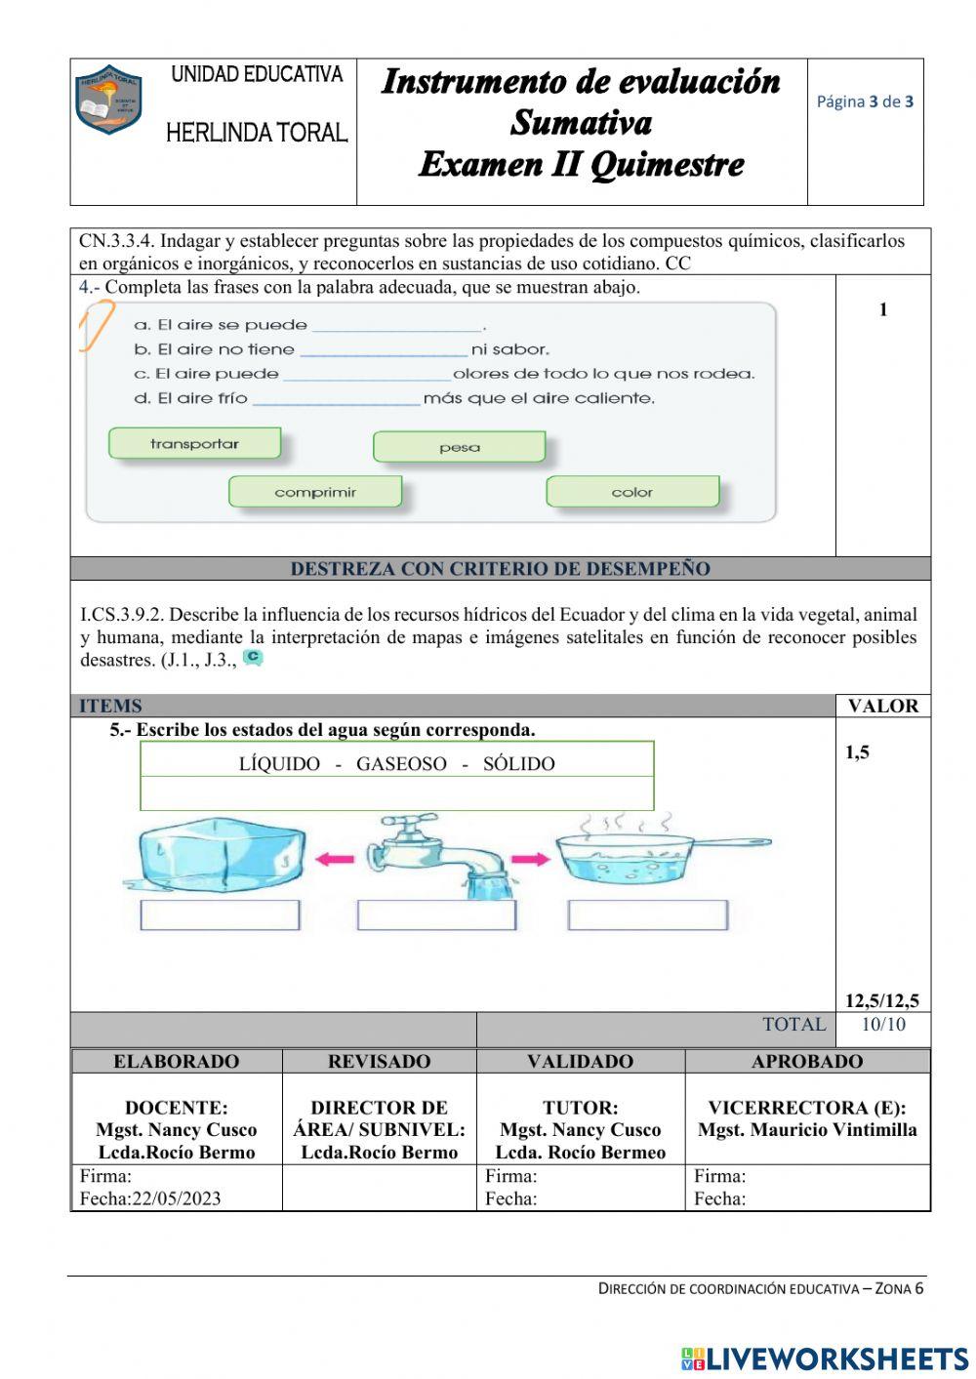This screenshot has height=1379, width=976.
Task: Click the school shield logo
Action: [x=108, y=100]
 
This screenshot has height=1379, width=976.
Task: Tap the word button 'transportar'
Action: [x=194, y=443]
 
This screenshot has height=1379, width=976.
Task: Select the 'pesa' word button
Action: [x=459, y=447]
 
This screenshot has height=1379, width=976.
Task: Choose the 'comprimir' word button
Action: [x=314, y=492]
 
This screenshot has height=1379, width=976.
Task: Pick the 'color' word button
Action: [x=631, y=492]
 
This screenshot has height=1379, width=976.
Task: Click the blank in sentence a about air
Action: [x=396, y=326]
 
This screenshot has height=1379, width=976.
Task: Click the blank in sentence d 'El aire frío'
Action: [x=336, y=399]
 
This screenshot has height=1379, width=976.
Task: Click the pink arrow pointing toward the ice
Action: [x=334, y=860]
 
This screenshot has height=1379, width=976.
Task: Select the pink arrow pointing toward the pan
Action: [x=530, y=860]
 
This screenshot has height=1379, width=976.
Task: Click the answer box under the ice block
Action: [x=220, y=915]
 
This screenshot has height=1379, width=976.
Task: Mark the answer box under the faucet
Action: [x=436, y=915]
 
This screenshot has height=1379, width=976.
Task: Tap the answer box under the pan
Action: [x=647, y=915]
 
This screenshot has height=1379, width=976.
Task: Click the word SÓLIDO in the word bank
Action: [x=518, y=764]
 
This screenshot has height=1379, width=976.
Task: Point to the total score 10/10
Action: [x=882, y=1025]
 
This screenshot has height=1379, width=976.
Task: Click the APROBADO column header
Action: [x=806, y=1062]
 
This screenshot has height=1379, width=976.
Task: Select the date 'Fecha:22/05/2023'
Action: [x=150, y=1198]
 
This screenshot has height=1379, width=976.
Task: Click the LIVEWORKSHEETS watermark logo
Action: [x=825, y=1359]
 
